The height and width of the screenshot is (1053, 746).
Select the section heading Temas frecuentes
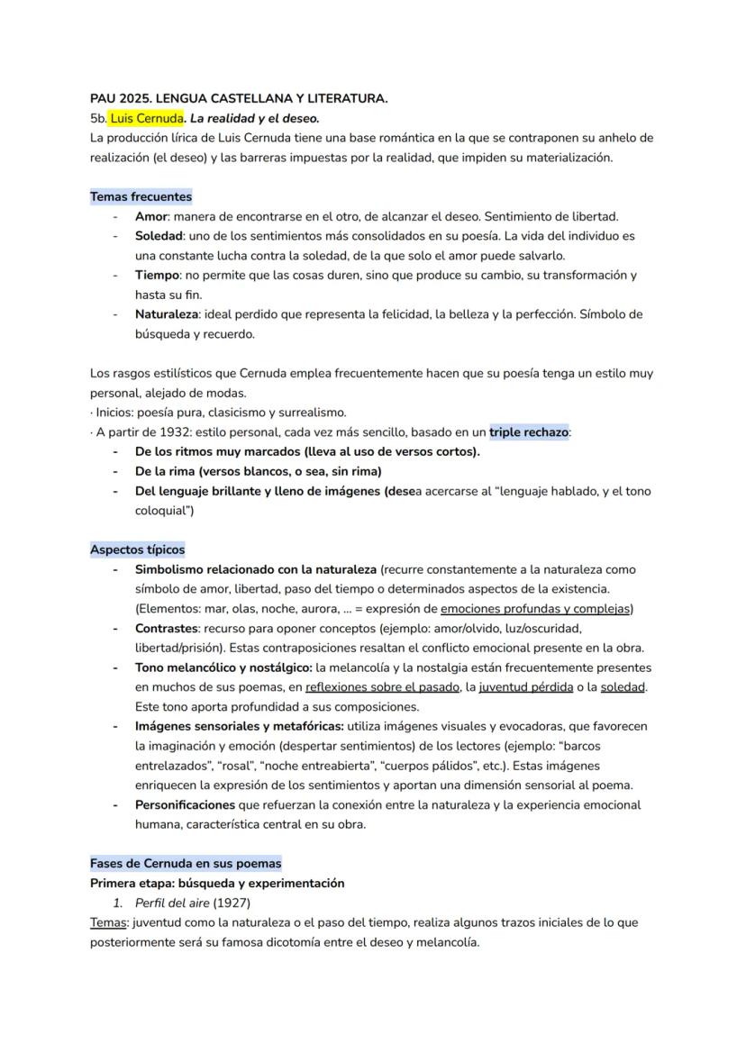click(141, 196)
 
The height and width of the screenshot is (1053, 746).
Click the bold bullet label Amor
click(150, 216)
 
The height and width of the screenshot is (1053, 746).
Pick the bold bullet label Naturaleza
click(166, 314)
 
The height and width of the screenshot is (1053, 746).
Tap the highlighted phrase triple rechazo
click(529, 431)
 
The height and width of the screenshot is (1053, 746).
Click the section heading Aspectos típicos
click(137, 549)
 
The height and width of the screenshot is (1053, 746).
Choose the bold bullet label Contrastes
click(166, 628)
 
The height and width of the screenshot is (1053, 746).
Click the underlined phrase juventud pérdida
click(525, 687)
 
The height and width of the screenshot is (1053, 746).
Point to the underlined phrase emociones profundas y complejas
click(536, 609)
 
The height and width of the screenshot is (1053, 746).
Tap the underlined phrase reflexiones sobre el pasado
click(381, 687)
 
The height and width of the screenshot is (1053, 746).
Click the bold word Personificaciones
click(185, 804)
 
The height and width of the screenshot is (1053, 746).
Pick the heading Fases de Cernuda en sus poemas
click(186, 863)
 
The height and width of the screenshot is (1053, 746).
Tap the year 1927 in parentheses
click(232, 903)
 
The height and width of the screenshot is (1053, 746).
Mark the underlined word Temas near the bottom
click(107, 922)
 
